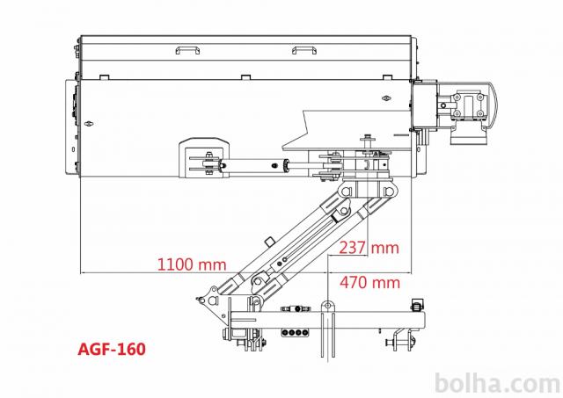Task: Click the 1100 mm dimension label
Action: coord(192,264)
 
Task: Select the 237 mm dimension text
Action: coord(369,248)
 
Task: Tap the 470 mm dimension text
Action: coord(369,283)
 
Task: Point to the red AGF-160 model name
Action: coord(112,349)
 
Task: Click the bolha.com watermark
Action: coord(498,384)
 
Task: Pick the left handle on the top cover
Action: coord(187,50)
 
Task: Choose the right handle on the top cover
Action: coord(304,50)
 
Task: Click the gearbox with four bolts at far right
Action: coord(469,105)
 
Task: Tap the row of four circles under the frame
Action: coord(296,332)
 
